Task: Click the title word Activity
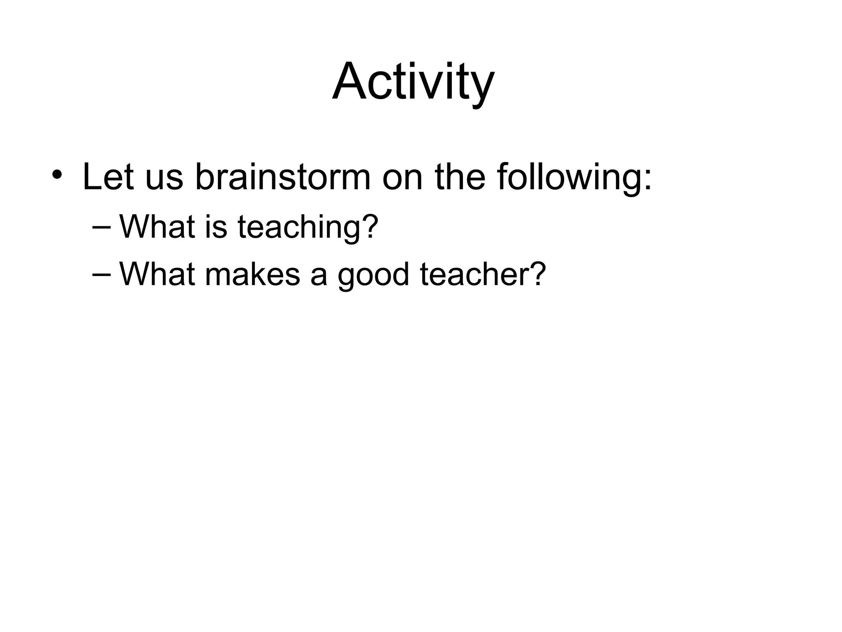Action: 413,82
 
